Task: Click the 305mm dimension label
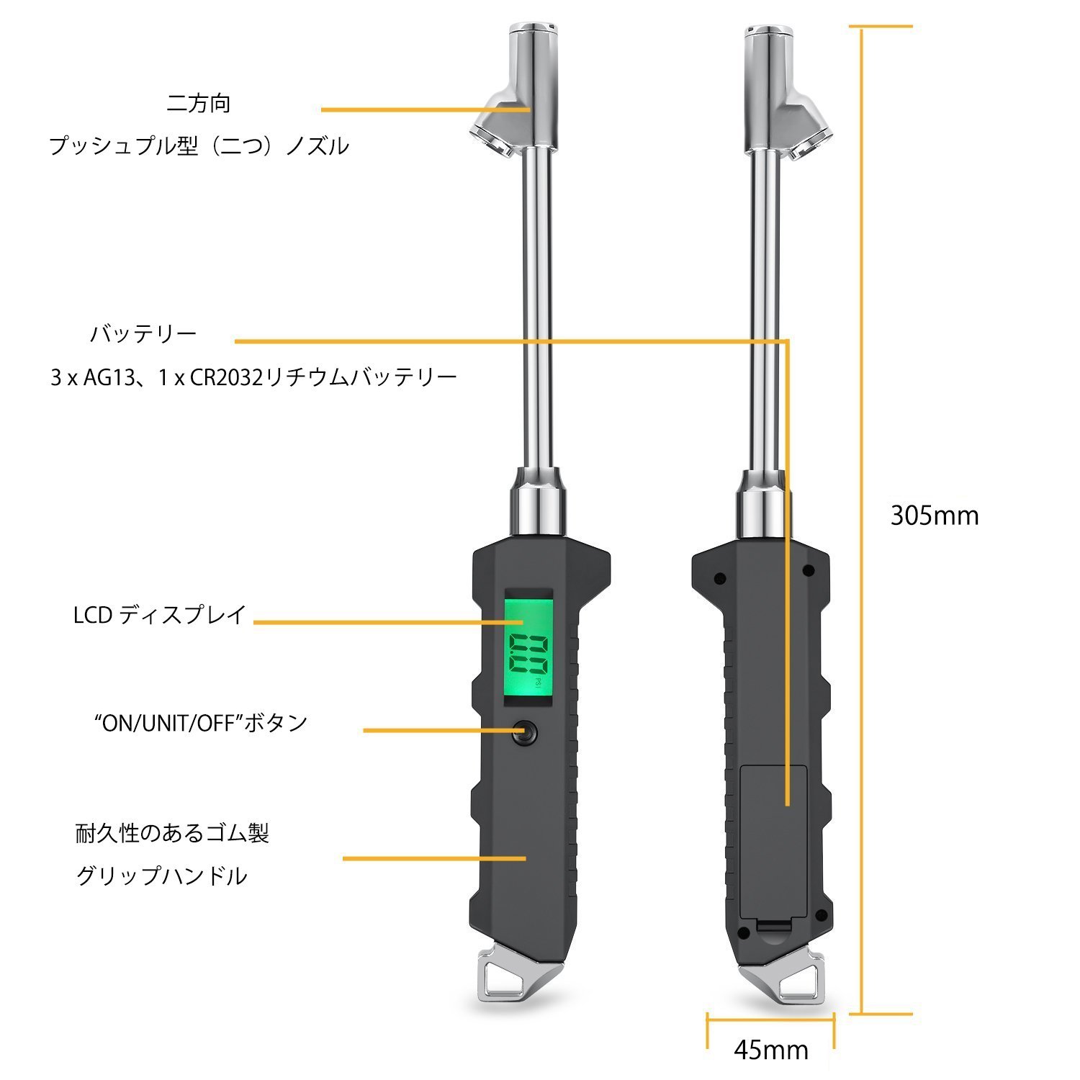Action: [934, 516]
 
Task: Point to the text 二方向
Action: [199, 104]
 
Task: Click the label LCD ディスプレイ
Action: [160, 615]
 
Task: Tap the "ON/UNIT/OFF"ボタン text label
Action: [201, 722]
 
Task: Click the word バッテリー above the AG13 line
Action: [143, 334]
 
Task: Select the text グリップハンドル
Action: [162, 876]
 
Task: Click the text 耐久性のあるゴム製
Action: [172, 834]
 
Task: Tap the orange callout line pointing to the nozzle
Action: [425, 110]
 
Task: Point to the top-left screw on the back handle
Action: [717, 577]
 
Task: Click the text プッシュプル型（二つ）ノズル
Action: [199, 146]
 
